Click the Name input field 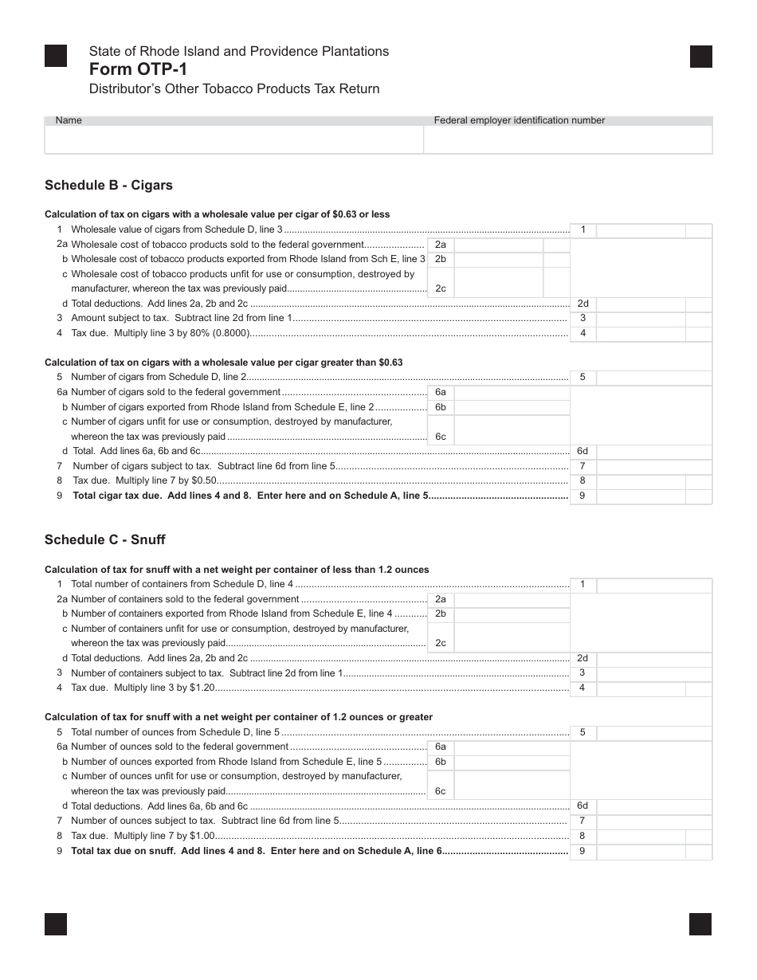233,140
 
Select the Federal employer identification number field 567,140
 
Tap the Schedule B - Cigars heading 108,186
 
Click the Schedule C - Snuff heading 104,539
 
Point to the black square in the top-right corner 700,57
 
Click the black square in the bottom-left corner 56,923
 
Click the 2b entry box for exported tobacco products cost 498,260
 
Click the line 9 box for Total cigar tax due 640,496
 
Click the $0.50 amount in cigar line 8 204,481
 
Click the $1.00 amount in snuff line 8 202,836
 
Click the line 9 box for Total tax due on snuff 640,851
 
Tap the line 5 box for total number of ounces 640,732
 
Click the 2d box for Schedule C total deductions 640,659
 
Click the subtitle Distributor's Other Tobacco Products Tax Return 234,89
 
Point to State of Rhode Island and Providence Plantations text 239,51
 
